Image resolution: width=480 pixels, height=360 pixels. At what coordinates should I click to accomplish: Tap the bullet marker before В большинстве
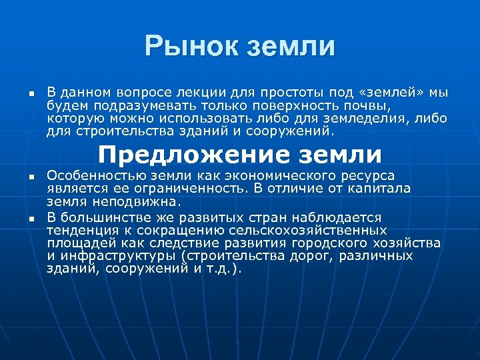pos(31,219)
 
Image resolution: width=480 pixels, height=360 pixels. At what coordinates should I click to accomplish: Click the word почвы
pos(372,105)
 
